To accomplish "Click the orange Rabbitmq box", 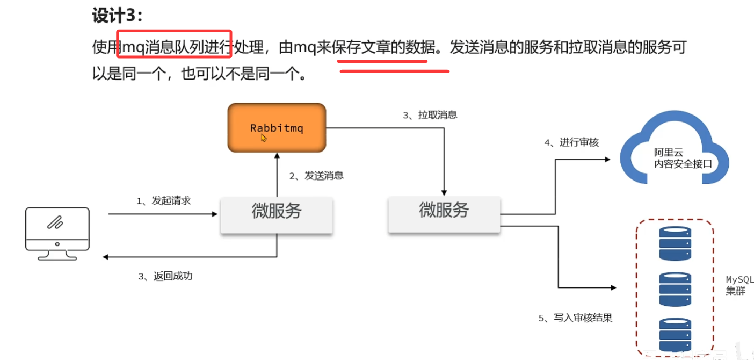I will coord(277,128).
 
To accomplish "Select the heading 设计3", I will coord(118,16).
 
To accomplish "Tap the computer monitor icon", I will coord(57,234).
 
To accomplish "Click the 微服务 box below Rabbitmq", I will coord(277,215).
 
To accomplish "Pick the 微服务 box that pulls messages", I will coord(444,214).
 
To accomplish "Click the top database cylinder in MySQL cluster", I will coord(675,243).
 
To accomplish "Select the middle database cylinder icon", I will coord(675,290).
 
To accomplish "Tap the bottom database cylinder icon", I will coord(675,335).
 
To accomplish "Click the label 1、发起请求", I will coord(164,200).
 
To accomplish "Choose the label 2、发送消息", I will coord(316,176).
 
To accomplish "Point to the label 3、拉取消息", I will coord(430,115).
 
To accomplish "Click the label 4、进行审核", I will coord(571,142).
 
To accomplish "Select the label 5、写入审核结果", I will coord(575,318).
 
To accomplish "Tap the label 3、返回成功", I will coord(165,276).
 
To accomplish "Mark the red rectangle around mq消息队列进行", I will coord(175,44).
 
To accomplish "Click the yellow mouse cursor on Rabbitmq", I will coord(264,138).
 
